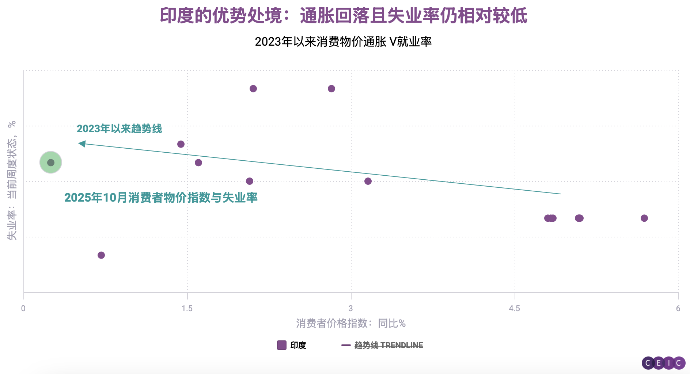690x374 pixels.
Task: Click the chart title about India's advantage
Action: (x=344, y=16)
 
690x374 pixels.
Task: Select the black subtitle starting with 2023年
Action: (x=343, y=42)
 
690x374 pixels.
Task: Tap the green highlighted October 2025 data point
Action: (x=51, y=163)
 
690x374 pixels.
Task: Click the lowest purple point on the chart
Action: (x=101, y=255)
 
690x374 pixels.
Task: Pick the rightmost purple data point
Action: (x=644, y=218)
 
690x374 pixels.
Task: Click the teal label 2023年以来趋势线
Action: (x=119, y=129)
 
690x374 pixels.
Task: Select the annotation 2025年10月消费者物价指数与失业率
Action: (x=161, y=198)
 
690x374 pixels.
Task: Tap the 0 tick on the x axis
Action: (x=23, y=308)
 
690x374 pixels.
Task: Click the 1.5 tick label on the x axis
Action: (x=187, y=308)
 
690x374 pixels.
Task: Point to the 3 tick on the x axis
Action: (x=350, y=308)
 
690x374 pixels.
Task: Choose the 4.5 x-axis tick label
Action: (x=514, y=308)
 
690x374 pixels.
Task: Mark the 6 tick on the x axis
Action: (x=678, y=308)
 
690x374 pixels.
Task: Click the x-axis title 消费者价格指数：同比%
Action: (x=350, y=323)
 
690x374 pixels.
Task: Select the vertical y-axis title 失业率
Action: (x=12, y=180)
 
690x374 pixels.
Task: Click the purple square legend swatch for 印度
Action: (x=281, y=345)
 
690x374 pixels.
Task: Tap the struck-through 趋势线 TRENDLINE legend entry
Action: (x=388, y=345)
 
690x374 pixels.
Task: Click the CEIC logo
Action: (x=663, y=363)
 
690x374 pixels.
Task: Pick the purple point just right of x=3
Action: (x=368, y=181)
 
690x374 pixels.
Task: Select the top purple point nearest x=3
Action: (x=331, y=89)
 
